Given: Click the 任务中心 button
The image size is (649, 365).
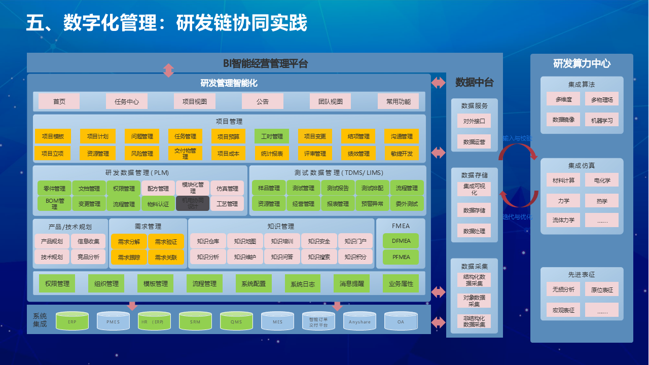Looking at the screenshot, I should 127,101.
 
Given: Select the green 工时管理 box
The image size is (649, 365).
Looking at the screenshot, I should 272,136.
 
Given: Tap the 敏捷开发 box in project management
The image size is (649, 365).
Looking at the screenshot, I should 402,154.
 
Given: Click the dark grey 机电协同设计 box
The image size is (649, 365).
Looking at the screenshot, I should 193,203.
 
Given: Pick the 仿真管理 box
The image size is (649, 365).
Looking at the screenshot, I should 227,189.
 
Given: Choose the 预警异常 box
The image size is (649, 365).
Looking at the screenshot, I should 373,204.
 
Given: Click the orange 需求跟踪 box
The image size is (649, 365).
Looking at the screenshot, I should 129,257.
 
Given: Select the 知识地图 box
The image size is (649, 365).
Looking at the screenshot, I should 245,241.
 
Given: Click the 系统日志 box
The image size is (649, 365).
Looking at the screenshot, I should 303,284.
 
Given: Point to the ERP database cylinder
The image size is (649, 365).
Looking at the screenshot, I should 73,321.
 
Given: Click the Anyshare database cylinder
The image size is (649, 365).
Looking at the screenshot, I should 360,321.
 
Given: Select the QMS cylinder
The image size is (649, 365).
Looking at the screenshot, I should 236,321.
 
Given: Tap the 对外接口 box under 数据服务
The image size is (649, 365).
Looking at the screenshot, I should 474,121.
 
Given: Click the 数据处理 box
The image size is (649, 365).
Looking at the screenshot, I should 474,231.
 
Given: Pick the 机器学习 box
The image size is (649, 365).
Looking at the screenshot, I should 602,121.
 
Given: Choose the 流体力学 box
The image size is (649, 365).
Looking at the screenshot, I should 563,220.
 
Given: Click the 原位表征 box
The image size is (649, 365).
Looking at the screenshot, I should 602,290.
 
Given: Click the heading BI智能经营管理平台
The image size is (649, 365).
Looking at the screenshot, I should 265,64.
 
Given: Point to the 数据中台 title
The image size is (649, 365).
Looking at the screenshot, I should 474,83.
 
